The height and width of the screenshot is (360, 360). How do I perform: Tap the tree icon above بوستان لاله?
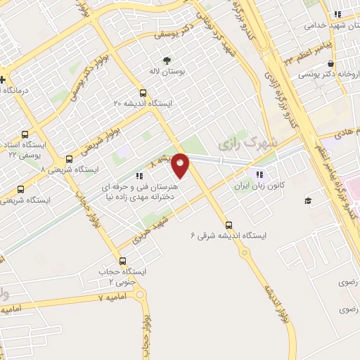click(167, 60)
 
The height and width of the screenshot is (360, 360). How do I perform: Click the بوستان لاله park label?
click(167, 72)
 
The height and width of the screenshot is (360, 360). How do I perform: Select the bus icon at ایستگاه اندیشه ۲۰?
click(143, 92)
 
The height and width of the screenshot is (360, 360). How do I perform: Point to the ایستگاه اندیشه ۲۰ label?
click(143, 103)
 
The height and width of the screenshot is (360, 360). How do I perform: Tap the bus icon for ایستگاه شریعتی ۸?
click(69, 159)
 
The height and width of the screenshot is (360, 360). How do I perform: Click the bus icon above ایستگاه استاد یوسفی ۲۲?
click(25, 134)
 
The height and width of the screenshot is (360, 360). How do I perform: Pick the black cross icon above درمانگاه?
click(2, 79)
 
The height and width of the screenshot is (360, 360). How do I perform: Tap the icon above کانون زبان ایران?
click(259, 174)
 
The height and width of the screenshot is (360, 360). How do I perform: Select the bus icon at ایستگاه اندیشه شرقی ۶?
click(229, 225)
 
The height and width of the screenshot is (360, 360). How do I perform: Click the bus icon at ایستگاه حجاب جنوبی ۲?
click(124, 261)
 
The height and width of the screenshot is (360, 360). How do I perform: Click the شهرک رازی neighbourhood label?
click(239, 145)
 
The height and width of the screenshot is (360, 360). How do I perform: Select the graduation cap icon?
click(307, 201)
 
